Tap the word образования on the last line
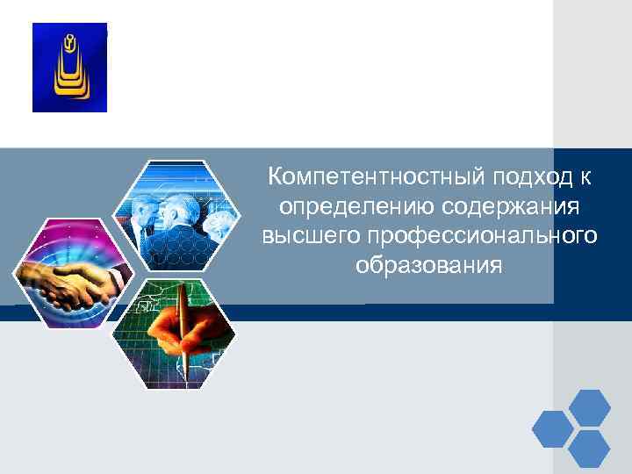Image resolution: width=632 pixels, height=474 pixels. [430, 264]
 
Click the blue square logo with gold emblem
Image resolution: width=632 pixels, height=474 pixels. [69, 68]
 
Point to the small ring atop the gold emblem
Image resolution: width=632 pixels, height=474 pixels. [69, 39]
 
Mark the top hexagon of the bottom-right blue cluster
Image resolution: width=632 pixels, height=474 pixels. [589, 408]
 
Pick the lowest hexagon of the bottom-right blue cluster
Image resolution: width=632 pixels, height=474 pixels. [589, 449]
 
